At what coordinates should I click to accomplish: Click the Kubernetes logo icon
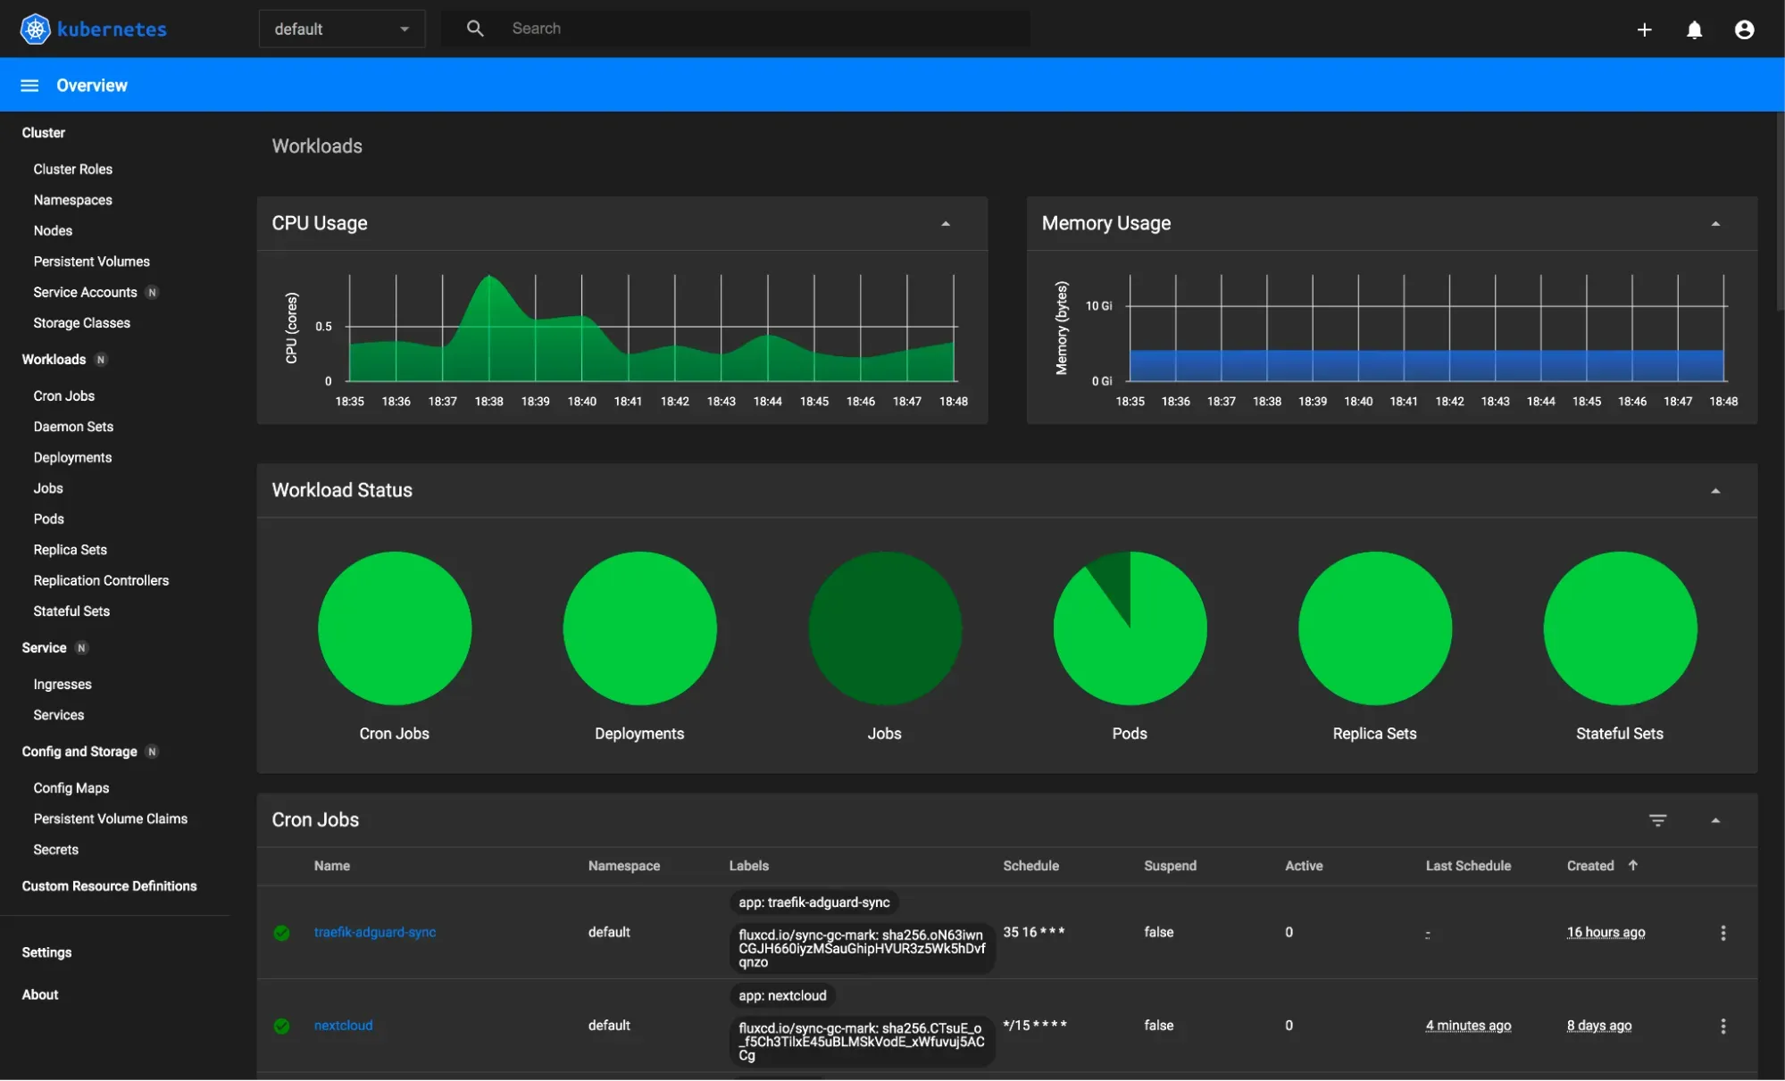pos(35,29)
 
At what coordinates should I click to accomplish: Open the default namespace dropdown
pos(341,29)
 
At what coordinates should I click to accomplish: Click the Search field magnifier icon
pos(475,29)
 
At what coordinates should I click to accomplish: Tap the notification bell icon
pos(1694,30)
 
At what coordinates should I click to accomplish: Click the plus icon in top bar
pos(1644,30)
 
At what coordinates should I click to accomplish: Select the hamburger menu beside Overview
pos(29,86)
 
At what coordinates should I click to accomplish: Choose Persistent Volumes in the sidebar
pos(91,262)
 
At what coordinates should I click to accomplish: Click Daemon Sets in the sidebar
pos(73,427)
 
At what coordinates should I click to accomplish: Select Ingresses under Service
pos(63,685)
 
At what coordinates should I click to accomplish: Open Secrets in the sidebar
pos(55,850)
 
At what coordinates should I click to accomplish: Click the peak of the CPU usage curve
pos(488,278)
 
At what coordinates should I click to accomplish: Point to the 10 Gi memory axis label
pos(1098,306)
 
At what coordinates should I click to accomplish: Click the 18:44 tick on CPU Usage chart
pos(767,402)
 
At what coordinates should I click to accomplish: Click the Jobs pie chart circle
pos(885,628)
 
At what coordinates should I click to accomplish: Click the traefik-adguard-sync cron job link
pos(374,932)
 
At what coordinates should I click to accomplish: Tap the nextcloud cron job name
pos(343,1026)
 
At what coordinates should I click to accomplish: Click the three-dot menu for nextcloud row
pos(1722,1027)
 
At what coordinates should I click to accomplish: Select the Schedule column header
pos(1030,866)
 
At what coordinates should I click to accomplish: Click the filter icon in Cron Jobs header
pos(1657,820)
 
